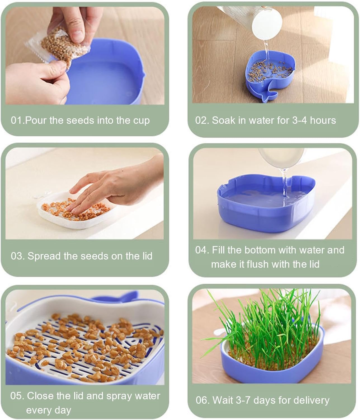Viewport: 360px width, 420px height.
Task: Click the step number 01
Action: point(17,120)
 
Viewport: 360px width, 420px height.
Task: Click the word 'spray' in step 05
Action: point(119,396)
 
